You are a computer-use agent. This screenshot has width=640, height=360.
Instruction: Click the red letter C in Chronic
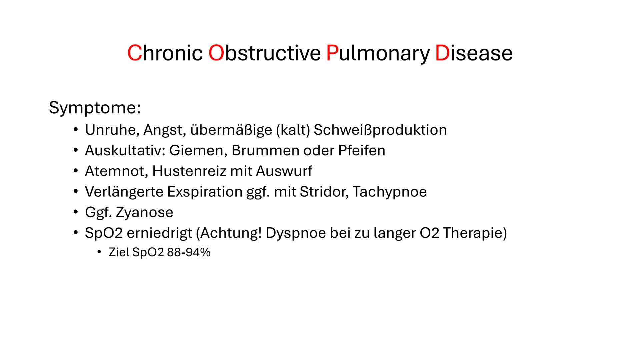tap(135, 53)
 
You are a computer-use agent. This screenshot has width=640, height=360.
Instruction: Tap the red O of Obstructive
tap(216, 53)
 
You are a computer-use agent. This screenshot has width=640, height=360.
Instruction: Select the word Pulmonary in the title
tap(377, 53)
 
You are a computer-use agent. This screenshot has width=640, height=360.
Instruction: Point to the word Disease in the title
tap(474, 53)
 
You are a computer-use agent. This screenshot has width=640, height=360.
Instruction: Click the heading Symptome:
tap(95, 108)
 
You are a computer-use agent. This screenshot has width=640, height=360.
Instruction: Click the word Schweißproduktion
tap(380, 130)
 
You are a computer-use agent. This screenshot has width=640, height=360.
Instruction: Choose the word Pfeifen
tap(362, 151)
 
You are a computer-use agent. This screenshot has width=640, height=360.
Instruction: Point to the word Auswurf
tap(284, 171)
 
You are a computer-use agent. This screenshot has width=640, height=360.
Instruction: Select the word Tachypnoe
tap(389, 192)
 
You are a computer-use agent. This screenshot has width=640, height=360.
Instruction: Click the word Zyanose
tap(144, 213)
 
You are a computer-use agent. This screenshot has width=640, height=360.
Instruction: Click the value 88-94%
tap(189, 253)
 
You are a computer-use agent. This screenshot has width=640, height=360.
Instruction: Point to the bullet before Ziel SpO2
tap(99, 253)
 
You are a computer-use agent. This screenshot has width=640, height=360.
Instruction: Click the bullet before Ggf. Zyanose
tap(76, 212)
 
